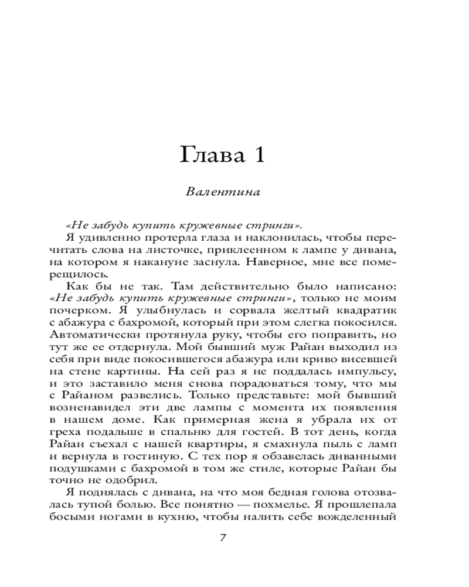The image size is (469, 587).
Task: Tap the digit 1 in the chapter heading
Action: coord(259,155)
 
